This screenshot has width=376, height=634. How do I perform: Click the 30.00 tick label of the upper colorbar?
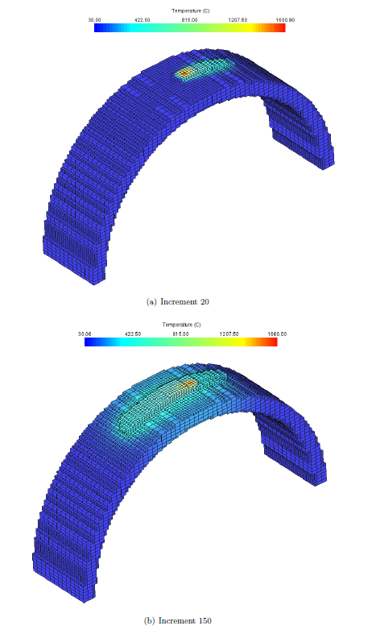(x=95, y=20)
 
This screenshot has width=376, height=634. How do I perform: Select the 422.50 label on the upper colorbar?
(x=142, y=20)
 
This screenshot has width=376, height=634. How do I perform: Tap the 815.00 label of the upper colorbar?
(x=190, y=20)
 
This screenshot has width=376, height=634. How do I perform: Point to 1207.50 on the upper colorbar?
(x=238, y=20)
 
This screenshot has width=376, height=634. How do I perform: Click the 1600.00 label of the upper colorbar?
(x=286, y=20)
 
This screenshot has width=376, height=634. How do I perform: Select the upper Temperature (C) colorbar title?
(x=191, y=11)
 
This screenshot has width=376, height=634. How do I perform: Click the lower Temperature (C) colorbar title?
(x=181, y=325)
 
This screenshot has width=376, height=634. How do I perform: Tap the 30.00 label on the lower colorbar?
(x=85, y=334)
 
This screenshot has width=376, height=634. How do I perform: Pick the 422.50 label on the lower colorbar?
(x=133, y=334)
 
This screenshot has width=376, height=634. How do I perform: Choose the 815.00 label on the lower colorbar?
(x=180, y=334)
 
